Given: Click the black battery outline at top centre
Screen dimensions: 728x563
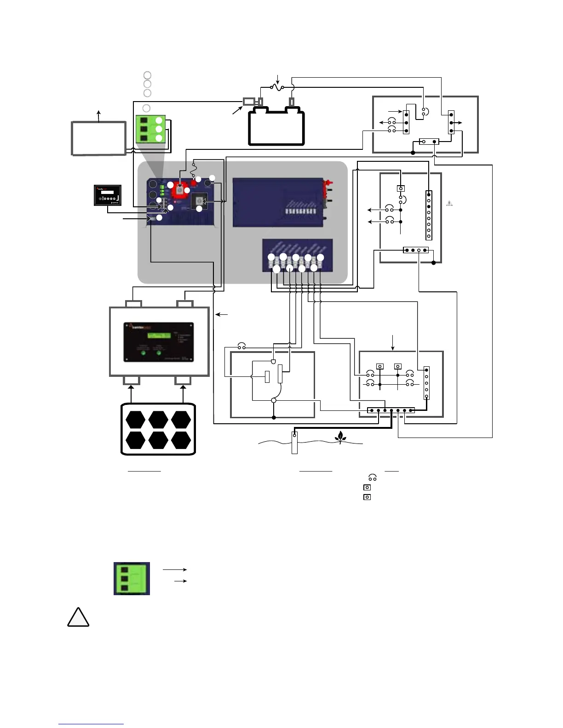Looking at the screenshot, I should (x=276, y=126).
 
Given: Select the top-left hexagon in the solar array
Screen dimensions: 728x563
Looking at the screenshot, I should (x=136, y=420).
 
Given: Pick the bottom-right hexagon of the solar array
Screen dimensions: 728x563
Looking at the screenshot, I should (x=181, y=440).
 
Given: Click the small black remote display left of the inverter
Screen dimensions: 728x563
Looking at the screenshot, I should (x=108, y=195).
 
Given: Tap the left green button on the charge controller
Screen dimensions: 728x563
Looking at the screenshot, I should (x=143, y=353).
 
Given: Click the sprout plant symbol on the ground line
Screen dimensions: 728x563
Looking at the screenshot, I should (x=340, y=437).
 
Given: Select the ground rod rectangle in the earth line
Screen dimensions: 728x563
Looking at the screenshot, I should (x=294, y=443).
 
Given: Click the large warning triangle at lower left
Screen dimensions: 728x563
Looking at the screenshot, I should (x=78, y=617).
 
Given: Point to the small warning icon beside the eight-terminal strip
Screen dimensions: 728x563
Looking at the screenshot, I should (x=449, y=203).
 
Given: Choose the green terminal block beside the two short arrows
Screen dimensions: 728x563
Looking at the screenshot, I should (x=132, y=578).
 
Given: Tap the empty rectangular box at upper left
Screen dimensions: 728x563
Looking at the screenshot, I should (x=98, y=138).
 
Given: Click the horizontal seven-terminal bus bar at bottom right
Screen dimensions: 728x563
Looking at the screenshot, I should (x=391, y=410).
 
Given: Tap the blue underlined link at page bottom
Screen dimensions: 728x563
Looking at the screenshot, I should (x=91, y=724).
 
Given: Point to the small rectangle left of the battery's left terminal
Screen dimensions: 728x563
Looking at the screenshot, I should (x=249, y=101).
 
